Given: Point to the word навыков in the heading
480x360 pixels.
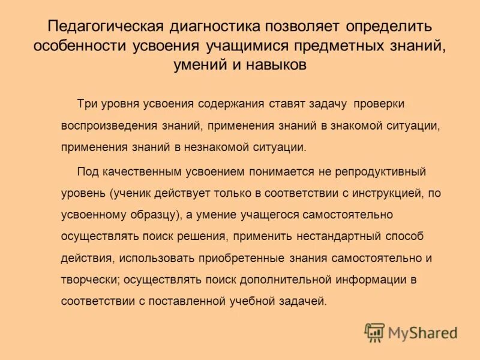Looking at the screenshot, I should click(278, 65).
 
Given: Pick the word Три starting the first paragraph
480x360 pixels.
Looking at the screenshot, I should click(86, 104).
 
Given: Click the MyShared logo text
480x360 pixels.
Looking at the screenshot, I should click(423, 332).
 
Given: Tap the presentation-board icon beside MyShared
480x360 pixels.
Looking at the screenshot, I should click(374, 332).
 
